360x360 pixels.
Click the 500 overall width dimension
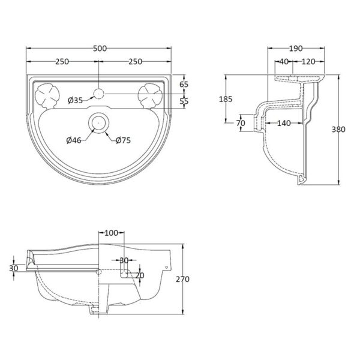(x=100, y=49)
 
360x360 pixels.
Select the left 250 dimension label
(x=62, y=62)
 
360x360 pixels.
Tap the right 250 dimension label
(x=135, y=62)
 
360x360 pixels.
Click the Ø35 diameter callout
(x=75, y=100)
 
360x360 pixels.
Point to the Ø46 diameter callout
(x=74, y=140)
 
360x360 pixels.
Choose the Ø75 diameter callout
(x=123, y=140)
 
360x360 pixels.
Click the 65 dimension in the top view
(x=184, y=85)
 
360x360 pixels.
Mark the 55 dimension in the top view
(x=184, y=101)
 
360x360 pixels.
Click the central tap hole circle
(x=99, y=94)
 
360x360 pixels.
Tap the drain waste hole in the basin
(x=99, y=123)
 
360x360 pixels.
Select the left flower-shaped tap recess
(x=47, y=96)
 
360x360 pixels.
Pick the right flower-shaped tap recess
(x=151, y=96)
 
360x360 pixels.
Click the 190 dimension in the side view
(x=296, y=49)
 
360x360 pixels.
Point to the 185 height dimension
(x=226, y=99)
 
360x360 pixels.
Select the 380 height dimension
(x=338, y=130)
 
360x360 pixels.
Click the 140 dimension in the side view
(x=284, y=123)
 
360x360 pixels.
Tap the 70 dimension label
(x=241, y=123)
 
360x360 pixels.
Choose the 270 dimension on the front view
(x=182, y=279)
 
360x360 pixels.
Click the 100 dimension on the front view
(x=112, y=233)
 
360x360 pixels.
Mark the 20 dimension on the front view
(x=140, y=275)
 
